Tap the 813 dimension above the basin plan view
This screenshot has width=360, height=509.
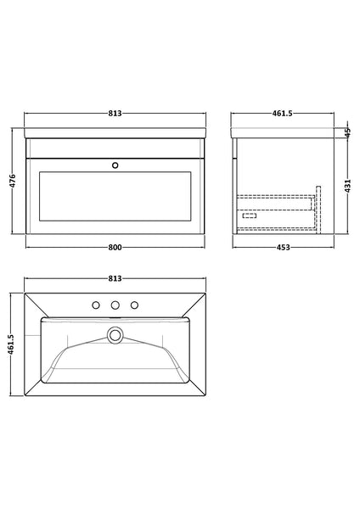tap(115, 278)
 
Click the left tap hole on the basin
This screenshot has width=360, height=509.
tap(98, 305)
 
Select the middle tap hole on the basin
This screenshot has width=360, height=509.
tap(115, 305)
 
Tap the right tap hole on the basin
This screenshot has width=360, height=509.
tap(133, 305)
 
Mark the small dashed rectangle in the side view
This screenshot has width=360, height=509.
tap(250, 215)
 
